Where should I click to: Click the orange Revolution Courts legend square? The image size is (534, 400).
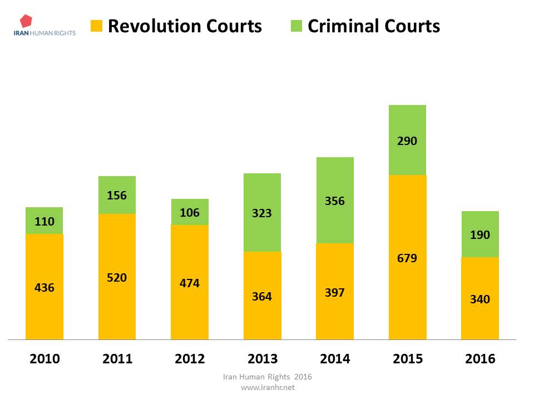(97, 26)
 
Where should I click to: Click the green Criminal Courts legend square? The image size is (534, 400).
(296, 26)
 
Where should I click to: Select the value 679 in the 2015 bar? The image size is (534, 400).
(407, 258)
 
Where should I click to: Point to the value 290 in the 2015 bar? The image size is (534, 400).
(407, 141)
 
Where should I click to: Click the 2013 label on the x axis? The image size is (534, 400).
(262, 359)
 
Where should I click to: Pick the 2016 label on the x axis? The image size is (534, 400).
(479, 359)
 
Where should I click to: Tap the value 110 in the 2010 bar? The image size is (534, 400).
(44, 222)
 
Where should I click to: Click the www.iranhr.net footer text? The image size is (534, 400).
(267, 388)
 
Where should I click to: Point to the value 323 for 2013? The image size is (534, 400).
(262, 213)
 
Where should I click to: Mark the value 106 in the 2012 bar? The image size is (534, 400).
(190, 213)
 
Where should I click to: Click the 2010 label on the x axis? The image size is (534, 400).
(44, 359)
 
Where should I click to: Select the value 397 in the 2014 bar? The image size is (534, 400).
(335, 292)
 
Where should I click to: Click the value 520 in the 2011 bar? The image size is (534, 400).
(117, 278)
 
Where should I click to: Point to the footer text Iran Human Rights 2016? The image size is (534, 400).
(267, 377)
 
